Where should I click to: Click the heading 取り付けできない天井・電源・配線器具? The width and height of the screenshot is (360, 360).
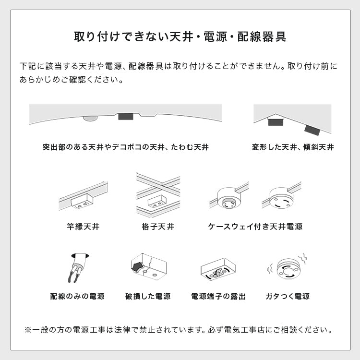[x=180, y=37]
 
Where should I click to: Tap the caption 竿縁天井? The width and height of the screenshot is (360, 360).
[x=84, y=226]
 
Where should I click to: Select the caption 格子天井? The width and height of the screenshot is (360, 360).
[x=158, y=226]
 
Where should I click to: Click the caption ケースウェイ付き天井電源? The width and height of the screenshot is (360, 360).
[x=255, y=226]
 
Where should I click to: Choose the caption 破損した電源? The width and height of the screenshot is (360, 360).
[x=148, y=296]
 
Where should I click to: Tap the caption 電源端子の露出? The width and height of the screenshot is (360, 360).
[x=218, y=296]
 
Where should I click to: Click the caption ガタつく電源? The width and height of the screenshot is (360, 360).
[x=288, y=296]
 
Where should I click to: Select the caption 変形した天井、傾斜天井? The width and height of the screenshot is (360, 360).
[x=293, y=147]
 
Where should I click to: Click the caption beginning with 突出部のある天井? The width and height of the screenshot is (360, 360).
[x=125, y=147]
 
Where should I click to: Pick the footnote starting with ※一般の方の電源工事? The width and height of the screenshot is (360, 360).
[x=180, y=330]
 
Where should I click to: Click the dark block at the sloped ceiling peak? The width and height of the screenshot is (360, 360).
[x=276, y=122]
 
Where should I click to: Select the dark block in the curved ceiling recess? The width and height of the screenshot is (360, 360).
[x=126, y=117]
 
